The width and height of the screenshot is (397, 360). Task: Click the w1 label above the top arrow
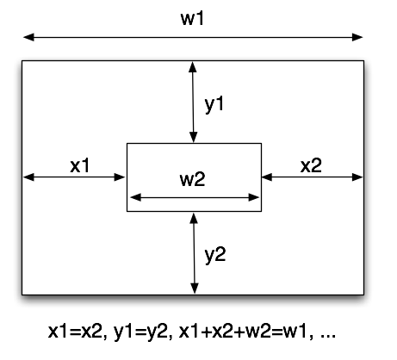click(192, 19)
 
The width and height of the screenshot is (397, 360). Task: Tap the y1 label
click(214, 104)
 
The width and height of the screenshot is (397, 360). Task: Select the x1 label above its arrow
click(80, 165)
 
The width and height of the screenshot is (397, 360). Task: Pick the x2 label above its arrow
click(311, 165)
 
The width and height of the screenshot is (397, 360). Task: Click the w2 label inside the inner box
click(192, 180)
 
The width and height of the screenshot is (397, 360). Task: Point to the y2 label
click(215, 255)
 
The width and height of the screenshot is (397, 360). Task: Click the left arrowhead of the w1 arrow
click(28, 37)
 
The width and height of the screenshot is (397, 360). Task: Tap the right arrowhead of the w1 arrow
click(357, 37)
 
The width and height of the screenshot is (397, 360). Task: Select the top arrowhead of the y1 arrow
click(193, 66)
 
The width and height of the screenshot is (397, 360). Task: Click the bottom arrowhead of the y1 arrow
click(194, 137)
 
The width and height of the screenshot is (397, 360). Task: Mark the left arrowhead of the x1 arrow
click(28, 177)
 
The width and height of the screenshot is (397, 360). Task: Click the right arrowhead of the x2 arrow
click(357, 177)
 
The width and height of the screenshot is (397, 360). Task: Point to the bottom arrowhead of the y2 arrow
click(195, 288)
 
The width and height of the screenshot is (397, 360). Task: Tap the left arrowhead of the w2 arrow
click(136, 197)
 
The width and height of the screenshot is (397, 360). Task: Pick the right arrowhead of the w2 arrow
click(253, 197)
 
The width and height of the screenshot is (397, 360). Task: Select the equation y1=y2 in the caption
click(143, 333)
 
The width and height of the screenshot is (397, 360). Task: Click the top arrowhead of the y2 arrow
click(194, 219)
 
